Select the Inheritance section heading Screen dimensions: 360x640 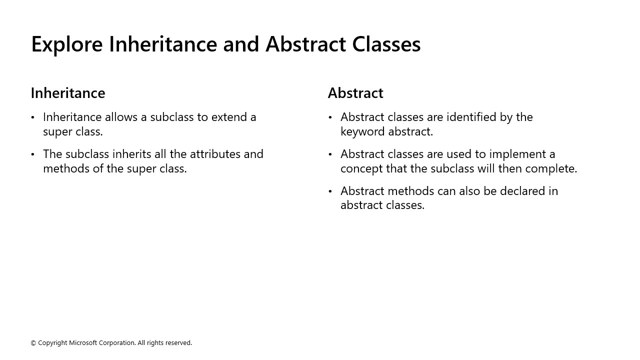68,93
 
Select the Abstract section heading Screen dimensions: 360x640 355,93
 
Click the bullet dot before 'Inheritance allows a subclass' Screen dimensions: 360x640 33,117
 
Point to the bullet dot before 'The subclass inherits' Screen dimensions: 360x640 33,154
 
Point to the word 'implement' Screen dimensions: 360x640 514,154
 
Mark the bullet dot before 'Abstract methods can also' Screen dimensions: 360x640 330,191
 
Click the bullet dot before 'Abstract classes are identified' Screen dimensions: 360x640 330,117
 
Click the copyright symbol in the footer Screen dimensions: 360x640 33,343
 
